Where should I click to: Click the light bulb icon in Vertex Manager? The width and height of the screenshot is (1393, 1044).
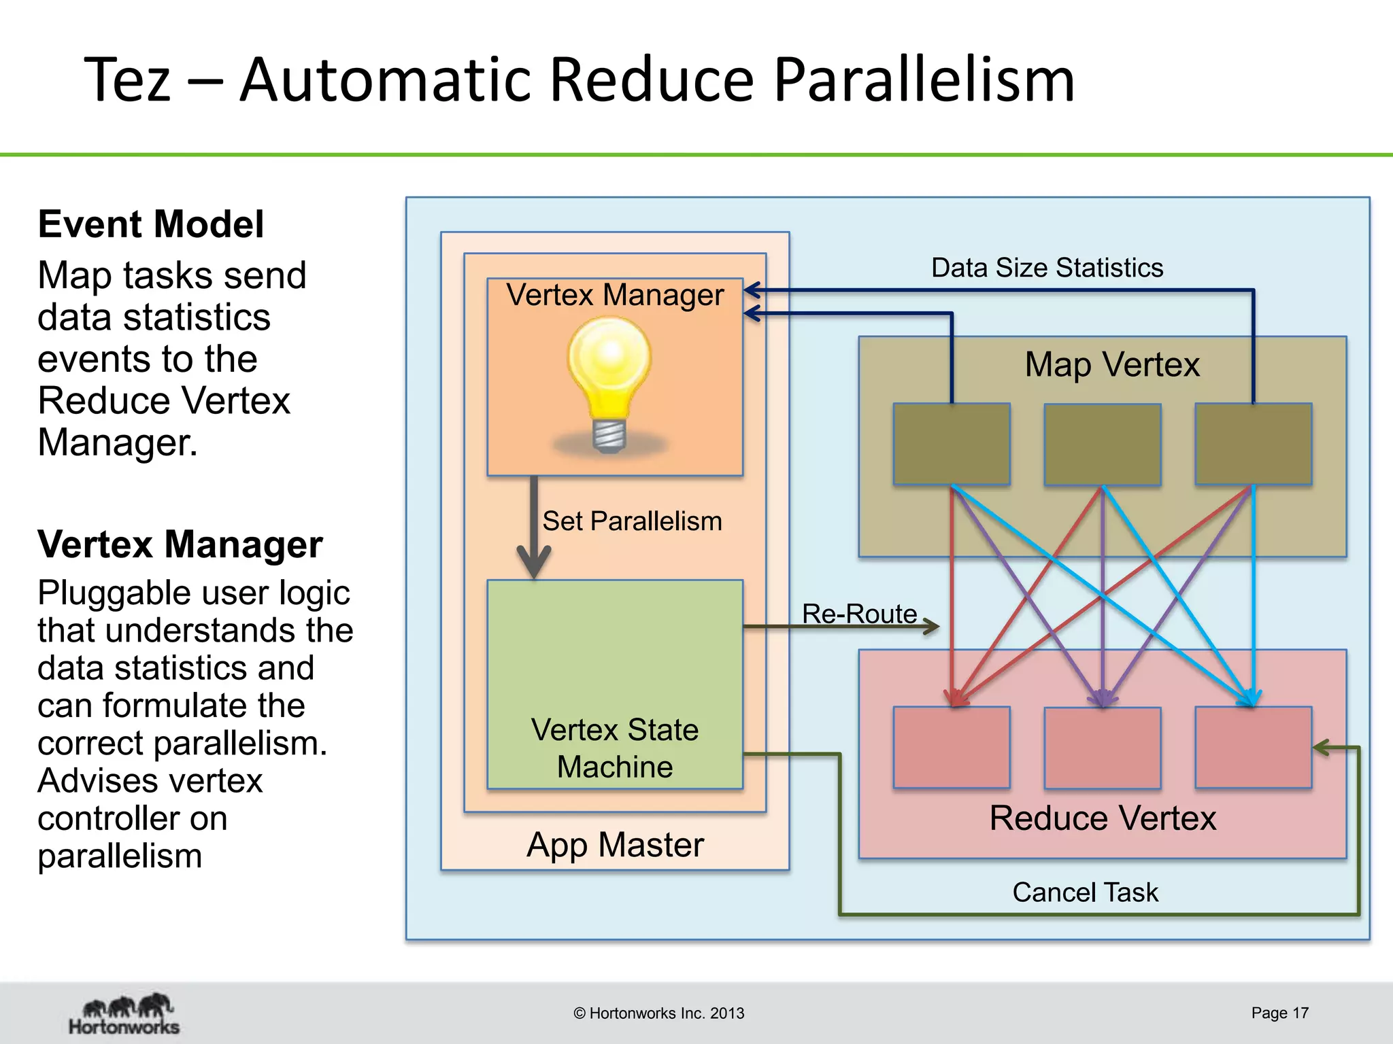[x=609, y=384]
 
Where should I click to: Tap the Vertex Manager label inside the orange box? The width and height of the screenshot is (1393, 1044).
[x=615, y=295]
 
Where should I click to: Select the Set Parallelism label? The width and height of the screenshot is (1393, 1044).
[x=632, y=521]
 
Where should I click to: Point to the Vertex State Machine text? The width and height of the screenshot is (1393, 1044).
[x=615, y=748]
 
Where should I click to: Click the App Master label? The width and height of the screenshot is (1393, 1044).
[x=615, y=845]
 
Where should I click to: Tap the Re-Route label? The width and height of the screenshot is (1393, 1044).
[x=859, y=614]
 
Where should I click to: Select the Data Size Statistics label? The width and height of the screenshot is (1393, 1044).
[x=1047, y=268]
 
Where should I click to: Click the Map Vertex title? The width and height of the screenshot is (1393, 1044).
[x=1112, y=364]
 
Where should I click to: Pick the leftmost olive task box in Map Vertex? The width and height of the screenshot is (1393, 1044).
[x=952, y=444]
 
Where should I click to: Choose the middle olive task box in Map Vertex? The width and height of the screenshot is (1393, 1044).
[x=1103, y=445]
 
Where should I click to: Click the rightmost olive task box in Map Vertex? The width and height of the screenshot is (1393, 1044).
[x=1254, y=444]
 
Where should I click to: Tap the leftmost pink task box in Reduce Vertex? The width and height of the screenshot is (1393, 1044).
[x=952, y=747]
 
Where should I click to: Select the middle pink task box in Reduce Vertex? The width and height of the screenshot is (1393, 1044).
[x=1103, y=748]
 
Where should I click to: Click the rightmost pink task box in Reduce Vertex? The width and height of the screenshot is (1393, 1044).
[x=1254, y=747]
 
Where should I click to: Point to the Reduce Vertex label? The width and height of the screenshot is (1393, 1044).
[x=1103, y=818]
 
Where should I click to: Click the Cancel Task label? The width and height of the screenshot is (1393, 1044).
[x=1085, y=892]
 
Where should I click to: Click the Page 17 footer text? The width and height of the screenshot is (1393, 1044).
[x=1279, y=1013]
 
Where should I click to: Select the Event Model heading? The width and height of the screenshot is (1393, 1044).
[x=150, y=224]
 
